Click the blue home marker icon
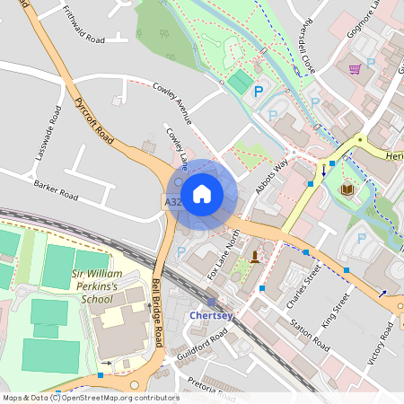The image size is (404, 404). [202, 193]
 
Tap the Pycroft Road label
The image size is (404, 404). [94, 123]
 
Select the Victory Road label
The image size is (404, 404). [382, 342]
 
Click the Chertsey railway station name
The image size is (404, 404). [211, 316]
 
